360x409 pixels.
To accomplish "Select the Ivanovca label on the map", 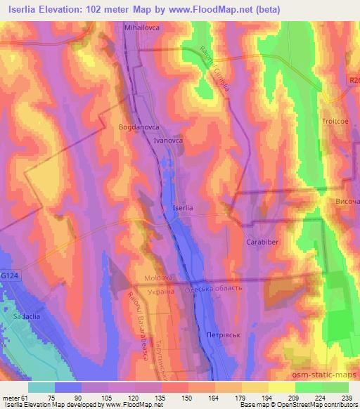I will [169, 141].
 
